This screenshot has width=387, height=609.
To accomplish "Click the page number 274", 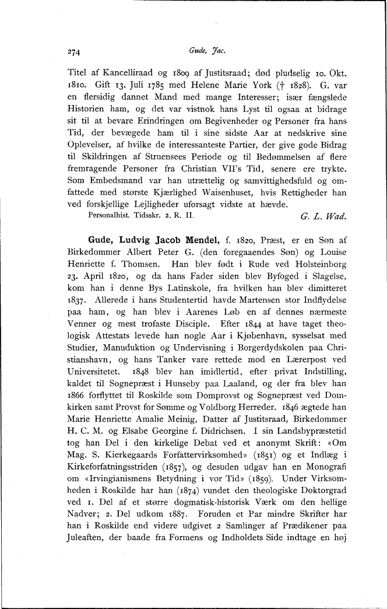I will point(74,51).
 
